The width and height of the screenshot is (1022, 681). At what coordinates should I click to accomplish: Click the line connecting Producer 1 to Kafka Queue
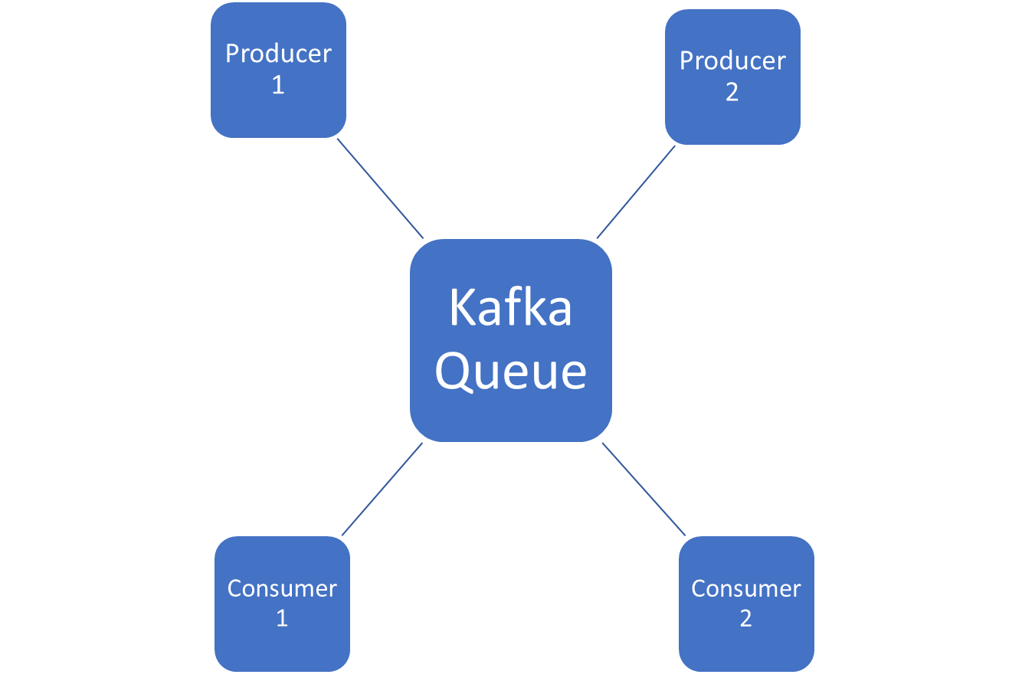point(380,188)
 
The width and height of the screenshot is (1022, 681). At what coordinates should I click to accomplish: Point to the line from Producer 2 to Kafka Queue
point(636,192)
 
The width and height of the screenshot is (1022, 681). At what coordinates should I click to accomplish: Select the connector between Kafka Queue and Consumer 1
point(382,489)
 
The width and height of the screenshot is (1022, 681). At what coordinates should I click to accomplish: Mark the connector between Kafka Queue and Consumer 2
point(644,488)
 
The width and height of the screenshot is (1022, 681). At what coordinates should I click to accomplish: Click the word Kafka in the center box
point(510,308)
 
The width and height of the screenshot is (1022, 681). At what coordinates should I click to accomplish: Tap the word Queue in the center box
point(511,372)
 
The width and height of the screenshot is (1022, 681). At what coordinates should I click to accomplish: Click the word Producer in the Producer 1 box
point(278,54)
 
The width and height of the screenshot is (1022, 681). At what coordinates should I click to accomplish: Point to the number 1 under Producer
point(278,84)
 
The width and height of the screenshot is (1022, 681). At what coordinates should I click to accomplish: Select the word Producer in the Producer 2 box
point(732,61)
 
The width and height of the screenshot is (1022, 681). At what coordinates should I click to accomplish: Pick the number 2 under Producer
point(732,92)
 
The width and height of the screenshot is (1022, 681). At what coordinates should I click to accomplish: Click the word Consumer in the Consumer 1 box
point(282,588)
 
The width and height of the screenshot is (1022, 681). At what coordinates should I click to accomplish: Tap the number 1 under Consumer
point(282,618)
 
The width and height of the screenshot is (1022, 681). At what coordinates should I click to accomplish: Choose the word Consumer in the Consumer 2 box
point(746,588)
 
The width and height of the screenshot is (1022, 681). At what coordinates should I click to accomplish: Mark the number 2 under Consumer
point(746,618)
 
